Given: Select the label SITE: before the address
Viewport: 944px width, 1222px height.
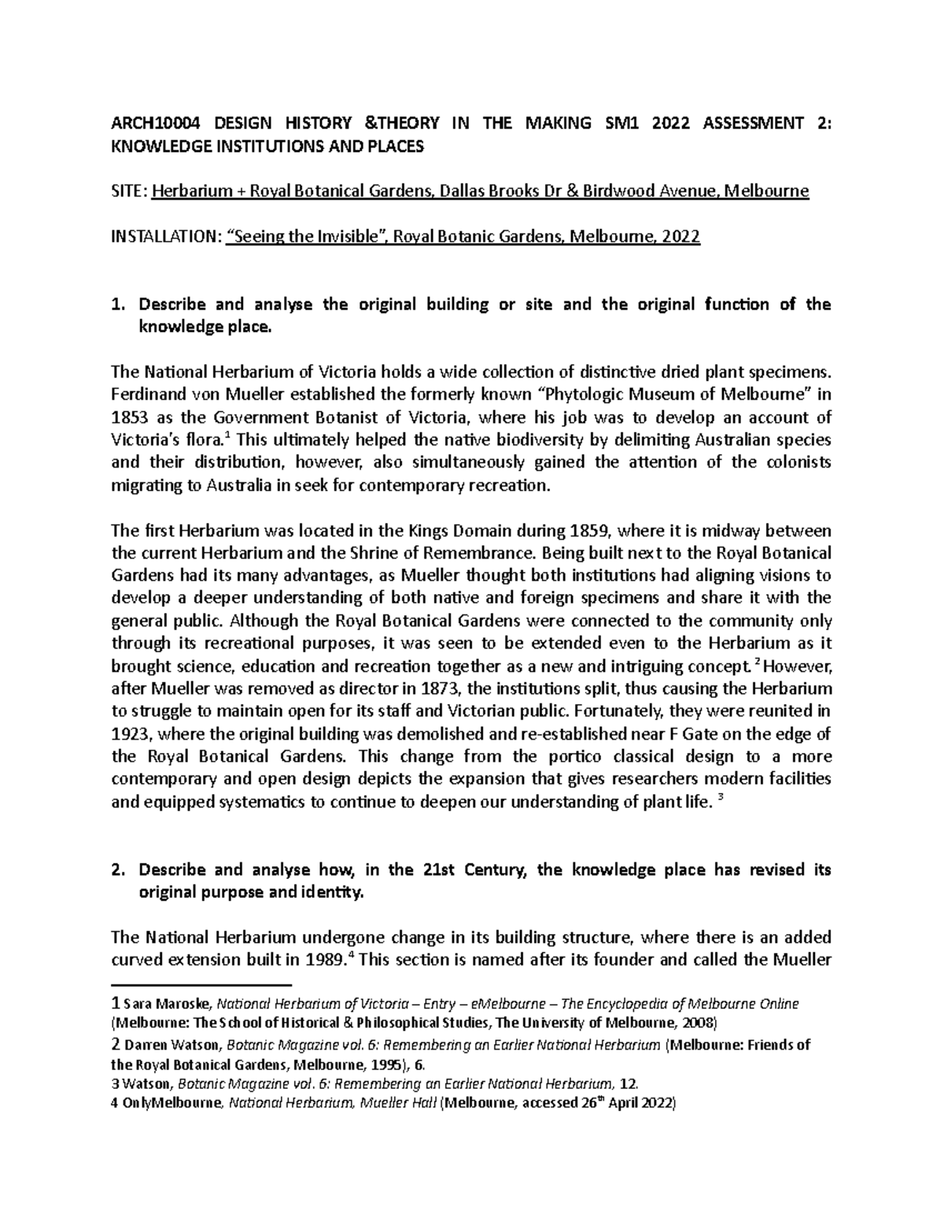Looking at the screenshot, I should [x=128, y=191].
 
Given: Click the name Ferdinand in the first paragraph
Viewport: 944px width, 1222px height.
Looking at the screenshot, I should [x=146, y=394].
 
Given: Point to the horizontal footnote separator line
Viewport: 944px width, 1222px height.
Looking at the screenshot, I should [x=201, y=985].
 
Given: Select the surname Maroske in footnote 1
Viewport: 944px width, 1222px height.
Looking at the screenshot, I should [x=184, y=1005].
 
